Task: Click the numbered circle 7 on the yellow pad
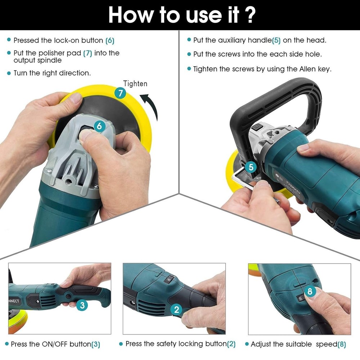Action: [x=120, y=94]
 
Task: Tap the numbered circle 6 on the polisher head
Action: [x=99, y=126]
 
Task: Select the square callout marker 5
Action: [x=251, y=167]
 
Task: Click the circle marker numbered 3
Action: [x=82, y=306]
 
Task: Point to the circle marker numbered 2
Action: [x=176, y=309]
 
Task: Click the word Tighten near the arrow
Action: [x=135, y=84]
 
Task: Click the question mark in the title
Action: [x=249, y=15]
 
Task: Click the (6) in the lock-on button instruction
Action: [x=110, y=40]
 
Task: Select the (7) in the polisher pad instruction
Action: [x=87, y=53]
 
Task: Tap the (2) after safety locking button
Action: [x=231, y=344]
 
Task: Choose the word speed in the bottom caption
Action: [x=327, y=344]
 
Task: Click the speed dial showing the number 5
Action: [x=301, y=298]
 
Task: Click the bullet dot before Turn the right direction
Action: [x=9, y=73]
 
